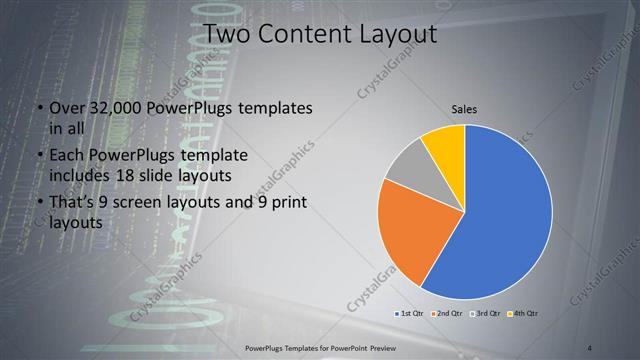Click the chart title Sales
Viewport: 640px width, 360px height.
pyautogui.click(x=464, y=108)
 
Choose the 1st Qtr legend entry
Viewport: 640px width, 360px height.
pyautogui.click(x=411, y=314)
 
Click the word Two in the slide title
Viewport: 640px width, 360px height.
pyautogui.click(x=224, y=34)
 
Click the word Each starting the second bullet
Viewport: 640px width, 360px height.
pyautogui.click(x=67, y=156)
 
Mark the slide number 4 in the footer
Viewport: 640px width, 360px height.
pyautogui.click(x=590, y=347)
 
